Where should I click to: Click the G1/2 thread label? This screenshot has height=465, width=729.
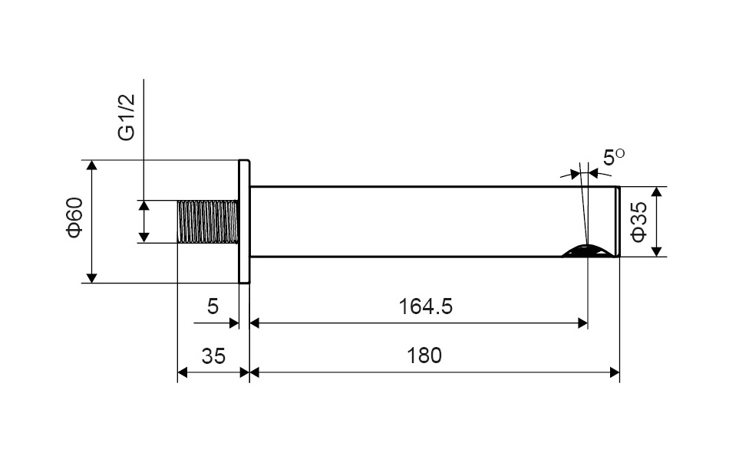point(127,117)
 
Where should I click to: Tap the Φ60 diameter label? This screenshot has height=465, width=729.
point(75,218)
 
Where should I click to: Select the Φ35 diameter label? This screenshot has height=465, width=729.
point(638,222)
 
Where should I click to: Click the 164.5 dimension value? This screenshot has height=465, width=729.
point(425,306)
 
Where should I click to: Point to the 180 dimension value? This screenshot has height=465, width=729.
point(424,356)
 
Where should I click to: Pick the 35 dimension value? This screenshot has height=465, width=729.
point(213,356)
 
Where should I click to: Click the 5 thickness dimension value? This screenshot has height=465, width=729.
point(213,306)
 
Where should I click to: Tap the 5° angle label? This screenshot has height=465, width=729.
point(614,157)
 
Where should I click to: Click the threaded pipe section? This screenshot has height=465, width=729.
point(208,222)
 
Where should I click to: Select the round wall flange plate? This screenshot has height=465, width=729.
point(245,221)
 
